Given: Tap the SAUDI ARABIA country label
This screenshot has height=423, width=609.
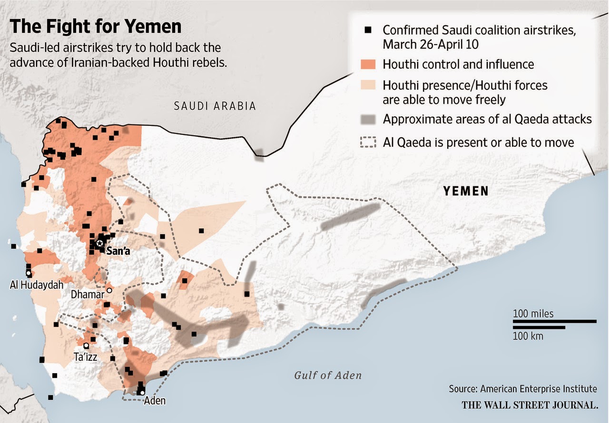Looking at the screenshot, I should pos(215,106).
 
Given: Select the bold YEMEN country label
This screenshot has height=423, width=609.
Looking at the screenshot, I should pos(466,191).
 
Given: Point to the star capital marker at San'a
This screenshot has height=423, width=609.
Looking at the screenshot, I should pos(99,243).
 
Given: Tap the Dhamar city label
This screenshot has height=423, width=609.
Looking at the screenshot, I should pos(87,295).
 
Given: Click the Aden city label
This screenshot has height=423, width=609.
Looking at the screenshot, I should pos(155,400).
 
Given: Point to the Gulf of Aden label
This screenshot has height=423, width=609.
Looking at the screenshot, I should pos(327,375).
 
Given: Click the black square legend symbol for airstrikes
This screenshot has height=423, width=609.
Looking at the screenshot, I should pos(367,31).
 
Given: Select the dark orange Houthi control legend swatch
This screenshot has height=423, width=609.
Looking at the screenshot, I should pos(369,64).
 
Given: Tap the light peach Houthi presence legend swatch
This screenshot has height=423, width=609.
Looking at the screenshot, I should pos(369,86).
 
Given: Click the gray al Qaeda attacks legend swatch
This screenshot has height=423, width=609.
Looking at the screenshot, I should pos(369,119).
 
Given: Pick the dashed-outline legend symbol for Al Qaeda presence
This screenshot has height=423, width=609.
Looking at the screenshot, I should pos(369,142).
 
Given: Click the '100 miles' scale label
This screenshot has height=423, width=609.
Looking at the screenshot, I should pos(533,314).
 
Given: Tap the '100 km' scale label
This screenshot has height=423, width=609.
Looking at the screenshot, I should pos(528,336).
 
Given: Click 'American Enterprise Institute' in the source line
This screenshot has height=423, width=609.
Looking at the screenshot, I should pos(538,389).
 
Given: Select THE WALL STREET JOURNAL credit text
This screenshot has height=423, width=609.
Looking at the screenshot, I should pos(529,405).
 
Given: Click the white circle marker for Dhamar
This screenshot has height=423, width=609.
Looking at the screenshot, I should pos(109,290).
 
